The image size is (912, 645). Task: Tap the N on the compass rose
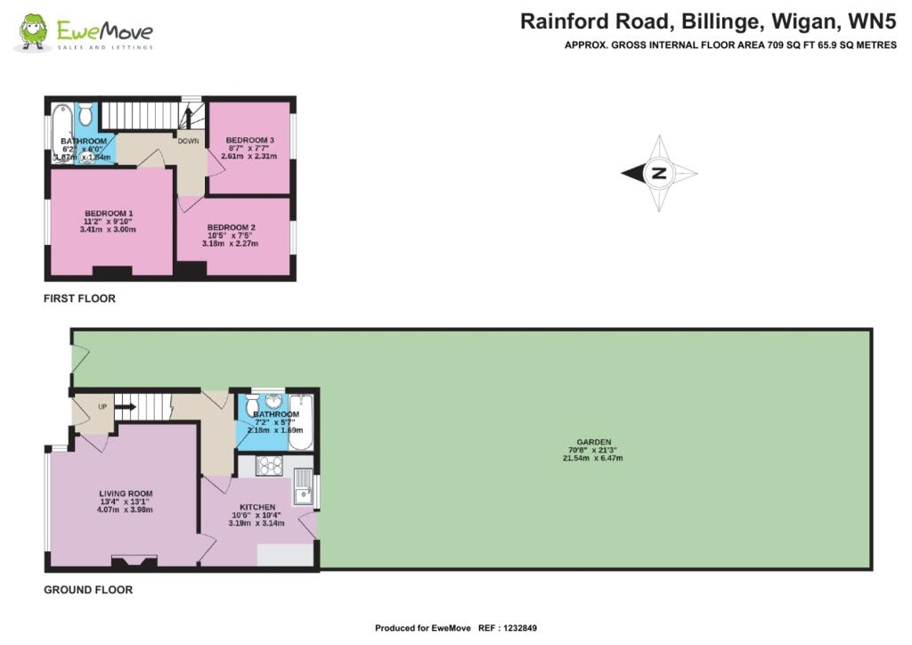660,173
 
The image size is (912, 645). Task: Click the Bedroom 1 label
109,214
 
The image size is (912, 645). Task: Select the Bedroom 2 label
231,227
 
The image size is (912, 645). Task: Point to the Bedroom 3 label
249,140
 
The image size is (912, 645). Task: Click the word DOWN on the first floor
189,141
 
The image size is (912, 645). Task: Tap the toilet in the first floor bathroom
85,114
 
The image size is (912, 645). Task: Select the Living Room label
126,494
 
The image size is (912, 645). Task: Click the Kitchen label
257,507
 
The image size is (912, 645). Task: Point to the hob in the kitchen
269,465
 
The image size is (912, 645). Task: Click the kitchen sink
304,486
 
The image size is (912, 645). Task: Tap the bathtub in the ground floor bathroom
301,422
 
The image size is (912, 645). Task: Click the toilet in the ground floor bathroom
253,405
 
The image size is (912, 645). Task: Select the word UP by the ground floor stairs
102,407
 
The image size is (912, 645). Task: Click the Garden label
594,442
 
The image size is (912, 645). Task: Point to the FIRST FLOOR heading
79,298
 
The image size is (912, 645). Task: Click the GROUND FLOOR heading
88,590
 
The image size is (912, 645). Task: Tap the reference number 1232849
520,628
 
